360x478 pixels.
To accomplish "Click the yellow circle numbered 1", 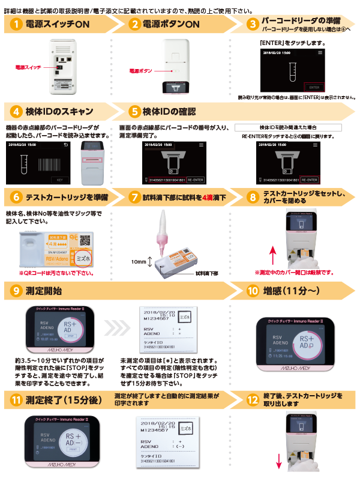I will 17,23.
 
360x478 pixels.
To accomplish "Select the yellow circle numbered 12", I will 253,398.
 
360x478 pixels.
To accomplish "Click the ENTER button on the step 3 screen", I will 314,86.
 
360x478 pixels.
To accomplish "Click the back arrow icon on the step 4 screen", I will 74,145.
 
